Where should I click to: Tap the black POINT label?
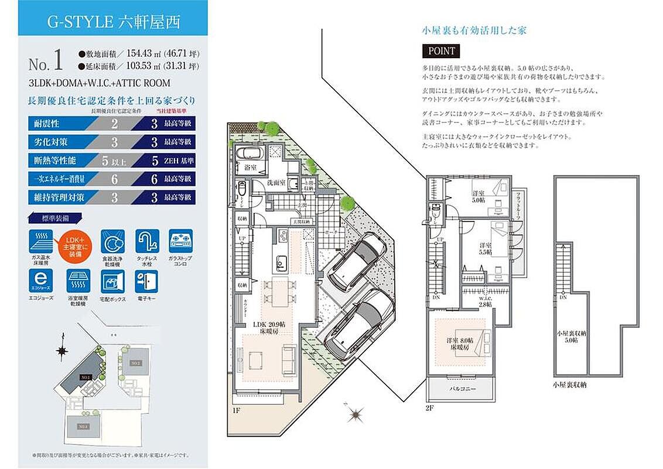click(x=441, y=51)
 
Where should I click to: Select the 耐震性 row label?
click(x=45, y=124)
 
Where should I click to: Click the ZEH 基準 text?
click(x=177, y=160)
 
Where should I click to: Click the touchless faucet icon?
click(x=148, y=241)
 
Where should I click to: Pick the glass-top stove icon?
click(x=181, y=241)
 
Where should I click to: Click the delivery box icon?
click(x=113, y=281)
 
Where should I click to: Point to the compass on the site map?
click(x=61, y=351)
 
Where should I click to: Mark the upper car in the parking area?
click(x=356, y=259)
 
